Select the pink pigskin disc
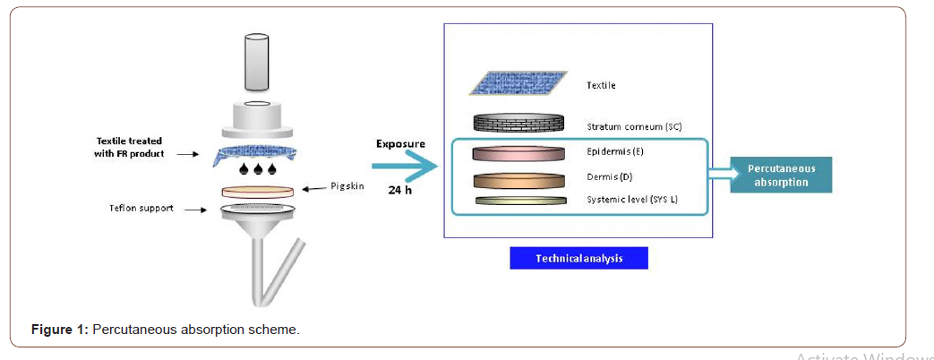click(x=258, y=191)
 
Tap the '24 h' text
click(x=400, y=190)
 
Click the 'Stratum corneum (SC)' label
click(x=634, y=126)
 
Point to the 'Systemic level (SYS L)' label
click(x=631, y=199)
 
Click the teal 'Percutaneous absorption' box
click(x=780, y=176)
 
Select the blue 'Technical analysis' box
click(x=578, y=258)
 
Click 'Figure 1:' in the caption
click(x=59, y=330)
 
